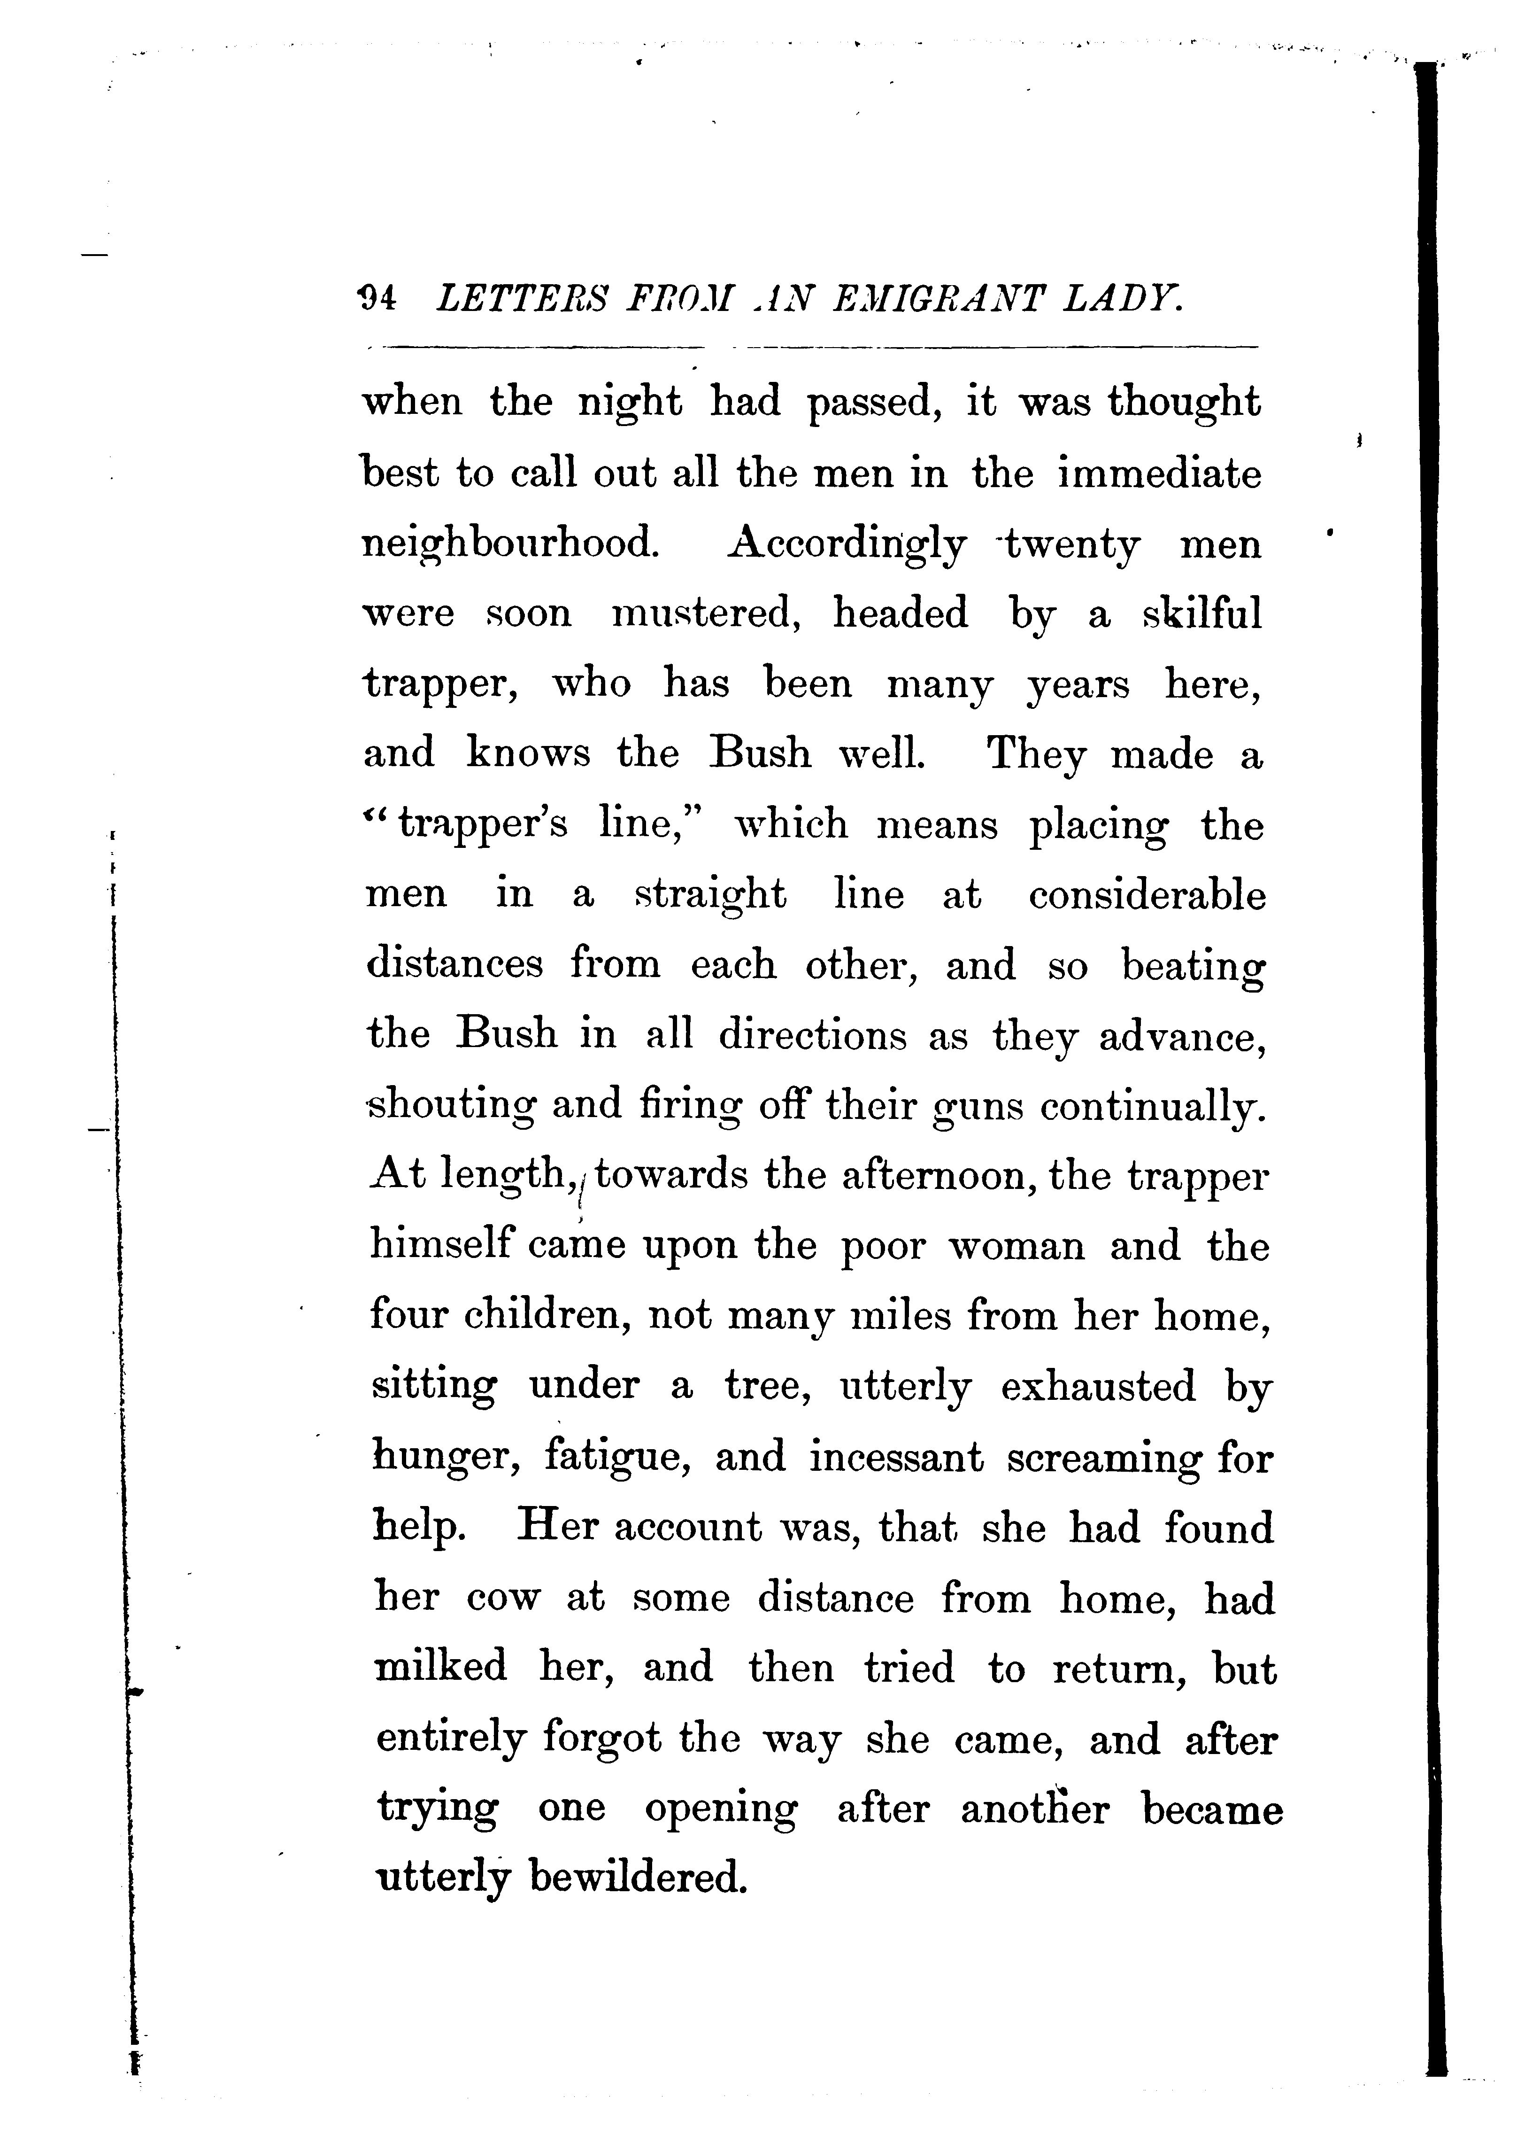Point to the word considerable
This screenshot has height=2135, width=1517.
pyautogui.click(x=1147, y=895)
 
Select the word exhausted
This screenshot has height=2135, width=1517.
pyautogui.click(x=1098, y=1387)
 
